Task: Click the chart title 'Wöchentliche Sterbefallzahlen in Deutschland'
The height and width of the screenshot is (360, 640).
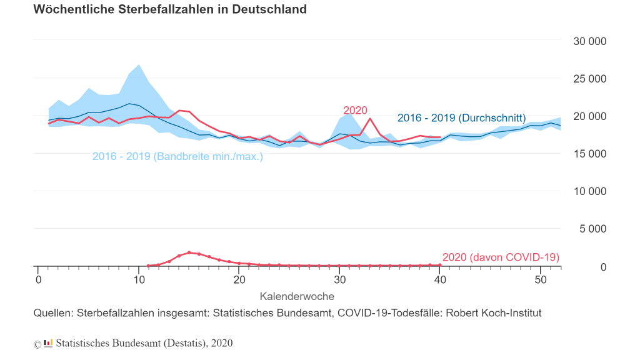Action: [169, 9]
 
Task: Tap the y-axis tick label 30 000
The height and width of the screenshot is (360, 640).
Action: [589, 41]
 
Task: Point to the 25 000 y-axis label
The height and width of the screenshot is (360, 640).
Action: [589, 79]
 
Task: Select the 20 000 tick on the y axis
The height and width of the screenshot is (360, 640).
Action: [589, 116]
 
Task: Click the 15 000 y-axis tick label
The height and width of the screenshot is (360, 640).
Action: [589, 154]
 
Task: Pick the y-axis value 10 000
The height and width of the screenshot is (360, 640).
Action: [589, 191]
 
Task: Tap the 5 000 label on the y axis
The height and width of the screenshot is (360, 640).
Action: [592, 229]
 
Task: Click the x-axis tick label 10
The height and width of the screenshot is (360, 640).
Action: [139, 279]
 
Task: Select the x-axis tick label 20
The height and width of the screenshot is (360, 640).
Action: [239, 279]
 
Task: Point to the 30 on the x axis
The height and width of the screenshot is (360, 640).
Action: [339, 279]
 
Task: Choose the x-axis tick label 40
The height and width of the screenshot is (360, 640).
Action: [440, 279]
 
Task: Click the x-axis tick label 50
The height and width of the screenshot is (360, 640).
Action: [540, 279]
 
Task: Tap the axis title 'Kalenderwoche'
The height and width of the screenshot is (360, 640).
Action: [297, 296]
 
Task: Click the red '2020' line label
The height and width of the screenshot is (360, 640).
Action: [355, 111]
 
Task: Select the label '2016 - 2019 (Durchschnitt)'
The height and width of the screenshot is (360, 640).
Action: [461, 118]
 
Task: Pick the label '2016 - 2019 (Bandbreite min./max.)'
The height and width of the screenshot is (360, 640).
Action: [177, 156]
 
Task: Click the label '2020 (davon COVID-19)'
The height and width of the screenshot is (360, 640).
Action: [501, 257]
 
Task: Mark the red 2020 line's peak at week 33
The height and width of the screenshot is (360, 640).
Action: [370, 118]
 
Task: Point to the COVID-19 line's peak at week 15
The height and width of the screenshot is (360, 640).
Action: [189, 252]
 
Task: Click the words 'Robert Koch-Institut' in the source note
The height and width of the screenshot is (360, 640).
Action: [493, 313]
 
